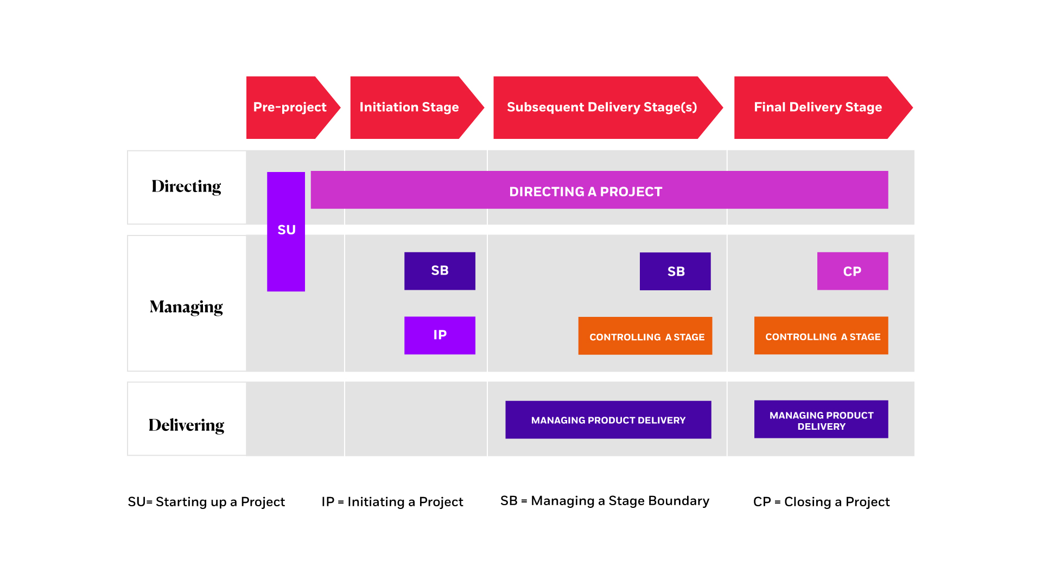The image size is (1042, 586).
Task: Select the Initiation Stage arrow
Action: click(410, 107)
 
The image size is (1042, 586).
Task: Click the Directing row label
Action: click(186, 187)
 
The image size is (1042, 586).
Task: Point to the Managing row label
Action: click(186, 307)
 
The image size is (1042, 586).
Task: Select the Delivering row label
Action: click(186, 425)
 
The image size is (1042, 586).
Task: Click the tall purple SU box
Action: click(286, 231)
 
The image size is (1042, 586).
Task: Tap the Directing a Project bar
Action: click(599, 190)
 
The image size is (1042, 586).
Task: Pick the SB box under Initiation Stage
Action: click(440, 271)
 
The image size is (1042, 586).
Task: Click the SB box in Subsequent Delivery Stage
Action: click(675, 271)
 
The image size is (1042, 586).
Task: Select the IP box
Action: click(440, 335)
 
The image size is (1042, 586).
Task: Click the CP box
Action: click(852, 271)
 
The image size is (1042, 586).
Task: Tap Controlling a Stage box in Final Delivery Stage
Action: click(821, 336)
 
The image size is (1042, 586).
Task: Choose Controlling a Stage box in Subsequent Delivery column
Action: click(645, 336)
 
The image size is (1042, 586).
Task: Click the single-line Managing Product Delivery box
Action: click(608, 420)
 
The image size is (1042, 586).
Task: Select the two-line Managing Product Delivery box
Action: click(821, 419)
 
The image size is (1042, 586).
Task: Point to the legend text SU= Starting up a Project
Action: click(206, 502)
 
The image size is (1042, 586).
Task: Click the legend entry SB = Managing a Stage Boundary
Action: click(605, 501)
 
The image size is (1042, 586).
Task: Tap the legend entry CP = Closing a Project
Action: click(821, 502)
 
